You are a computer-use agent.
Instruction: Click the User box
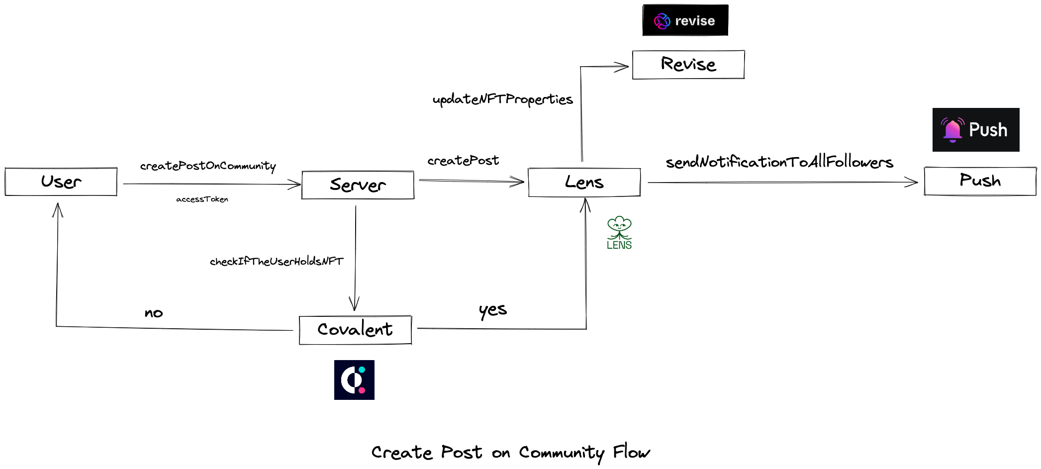pyautogui.click(x=61, y=182)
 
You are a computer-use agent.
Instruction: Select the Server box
pyautogui.click(x=358, y=185)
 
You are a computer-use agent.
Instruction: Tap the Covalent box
pyautogui.click(x=355, y=330)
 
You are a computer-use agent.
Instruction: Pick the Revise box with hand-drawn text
pyautogui.click(x=688, y=65)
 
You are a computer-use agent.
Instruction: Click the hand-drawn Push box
pyautogui.click(x=980, y=181)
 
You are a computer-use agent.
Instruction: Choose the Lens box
pyautogui.click(x=584, y=183)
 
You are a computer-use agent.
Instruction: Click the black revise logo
pyautogui.click(x=685, y=20)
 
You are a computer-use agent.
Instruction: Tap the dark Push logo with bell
pyautogui.click(x=975, y=130)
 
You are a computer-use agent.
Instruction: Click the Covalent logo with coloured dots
pyautogui.click(x=354, y=380)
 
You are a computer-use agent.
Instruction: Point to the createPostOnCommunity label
pyautogui.click(x=208, y=166)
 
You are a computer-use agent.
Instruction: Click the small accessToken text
pyautogui.click(x=202, y=199)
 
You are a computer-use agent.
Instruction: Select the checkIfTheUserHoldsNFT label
pyautogui.click(x=277, y=262)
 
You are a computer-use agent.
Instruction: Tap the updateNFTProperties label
pyautogui.click(x=502, y=99)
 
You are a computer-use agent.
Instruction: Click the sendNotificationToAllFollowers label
pyautogui.click(x=779, y=162)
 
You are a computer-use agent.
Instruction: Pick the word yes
pyautogui.click(x=492, y=310)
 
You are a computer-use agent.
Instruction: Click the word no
pyautogui.click(x=154, y=313)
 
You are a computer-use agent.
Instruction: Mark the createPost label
pyautogui.click(x=463, y=161)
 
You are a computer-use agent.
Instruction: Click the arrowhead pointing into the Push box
pyautogui.click(x=913, y=183)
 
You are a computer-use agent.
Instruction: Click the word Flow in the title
pyautogui.click(x=631, y=452)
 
